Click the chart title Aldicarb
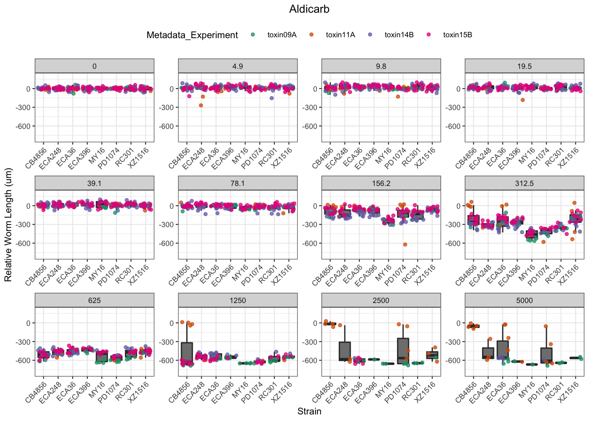click(x=309, y=9)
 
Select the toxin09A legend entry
click(x=281, y=35)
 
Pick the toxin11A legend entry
click(x=340, y=35)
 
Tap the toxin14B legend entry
click(x=399, y=35)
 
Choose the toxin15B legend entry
click(x=457, y=35)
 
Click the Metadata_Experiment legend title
click(x=192, y=35)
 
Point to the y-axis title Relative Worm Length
click(x=8, y=225)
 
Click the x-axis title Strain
click(x=309, y=411)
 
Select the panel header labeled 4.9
click(x=238, y=66)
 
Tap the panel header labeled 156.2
click(x=381, y=183)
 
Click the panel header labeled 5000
click(x=524, y=300)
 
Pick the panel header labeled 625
click(x=94, y=300)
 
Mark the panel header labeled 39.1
click(x=94, y=183)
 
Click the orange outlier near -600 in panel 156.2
click(x=405, y=244)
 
